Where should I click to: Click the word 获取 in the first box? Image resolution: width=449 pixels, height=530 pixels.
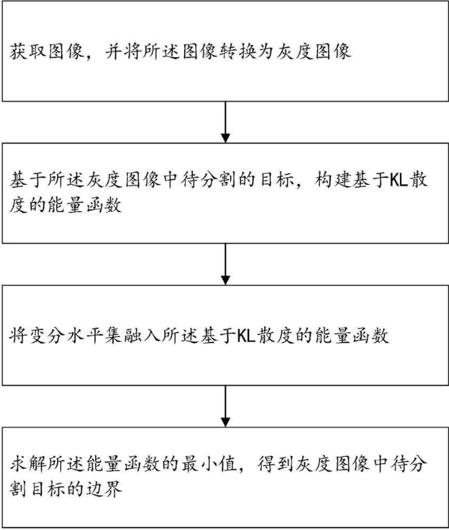(29, 52)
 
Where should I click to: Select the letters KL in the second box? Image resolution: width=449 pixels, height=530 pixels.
(397, 180)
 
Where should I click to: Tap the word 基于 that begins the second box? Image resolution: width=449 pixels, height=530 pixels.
(29, 180)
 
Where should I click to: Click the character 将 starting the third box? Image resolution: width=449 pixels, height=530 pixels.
(19, 336)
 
